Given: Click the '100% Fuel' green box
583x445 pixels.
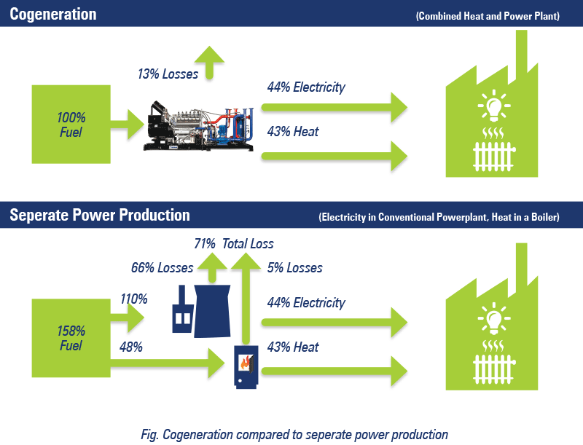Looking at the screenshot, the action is tap(71, 124).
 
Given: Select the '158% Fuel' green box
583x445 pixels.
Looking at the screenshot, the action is tap(71, 338).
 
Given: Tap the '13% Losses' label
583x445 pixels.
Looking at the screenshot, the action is tap(168, 74).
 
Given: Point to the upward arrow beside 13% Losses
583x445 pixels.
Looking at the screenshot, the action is tap(209, 63).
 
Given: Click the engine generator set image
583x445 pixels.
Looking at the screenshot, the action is tap(198, 125).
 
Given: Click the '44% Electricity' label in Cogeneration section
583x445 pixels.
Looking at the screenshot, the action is tap(306, 87).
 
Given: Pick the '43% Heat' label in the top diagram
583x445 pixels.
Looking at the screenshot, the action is tap(293, 132).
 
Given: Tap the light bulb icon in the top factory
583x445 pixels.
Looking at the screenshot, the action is tap(494, 106).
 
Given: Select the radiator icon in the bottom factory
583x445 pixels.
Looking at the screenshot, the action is tap(494, 369).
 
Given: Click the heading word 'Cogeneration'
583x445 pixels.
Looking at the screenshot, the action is tap(53, 14).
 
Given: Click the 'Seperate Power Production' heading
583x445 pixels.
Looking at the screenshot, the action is tap(100, 215).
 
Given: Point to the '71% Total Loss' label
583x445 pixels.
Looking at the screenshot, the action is tap(234, 244).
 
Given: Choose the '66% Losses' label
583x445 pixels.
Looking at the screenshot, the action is tap(162, 268).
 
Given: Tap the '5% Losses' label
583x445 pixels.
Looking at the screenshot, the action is tap(295, 268).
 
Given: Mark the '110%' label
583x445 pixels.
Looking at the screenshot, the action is tap(134, 299).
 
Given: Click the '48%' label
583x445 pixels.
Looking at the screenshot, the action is tap(131, 347).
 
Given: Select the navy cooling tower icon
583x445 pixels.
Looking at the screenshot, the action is tap(212, 311).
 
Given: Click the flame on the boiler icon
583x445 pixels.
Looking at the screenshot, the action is tap(245, 362).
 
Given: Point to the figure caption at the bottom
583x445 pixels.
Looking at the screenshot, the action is tap(294, 435).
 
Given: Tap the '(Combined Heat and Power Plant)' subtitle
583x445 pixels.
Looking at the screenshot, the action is tap(488, 16).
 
